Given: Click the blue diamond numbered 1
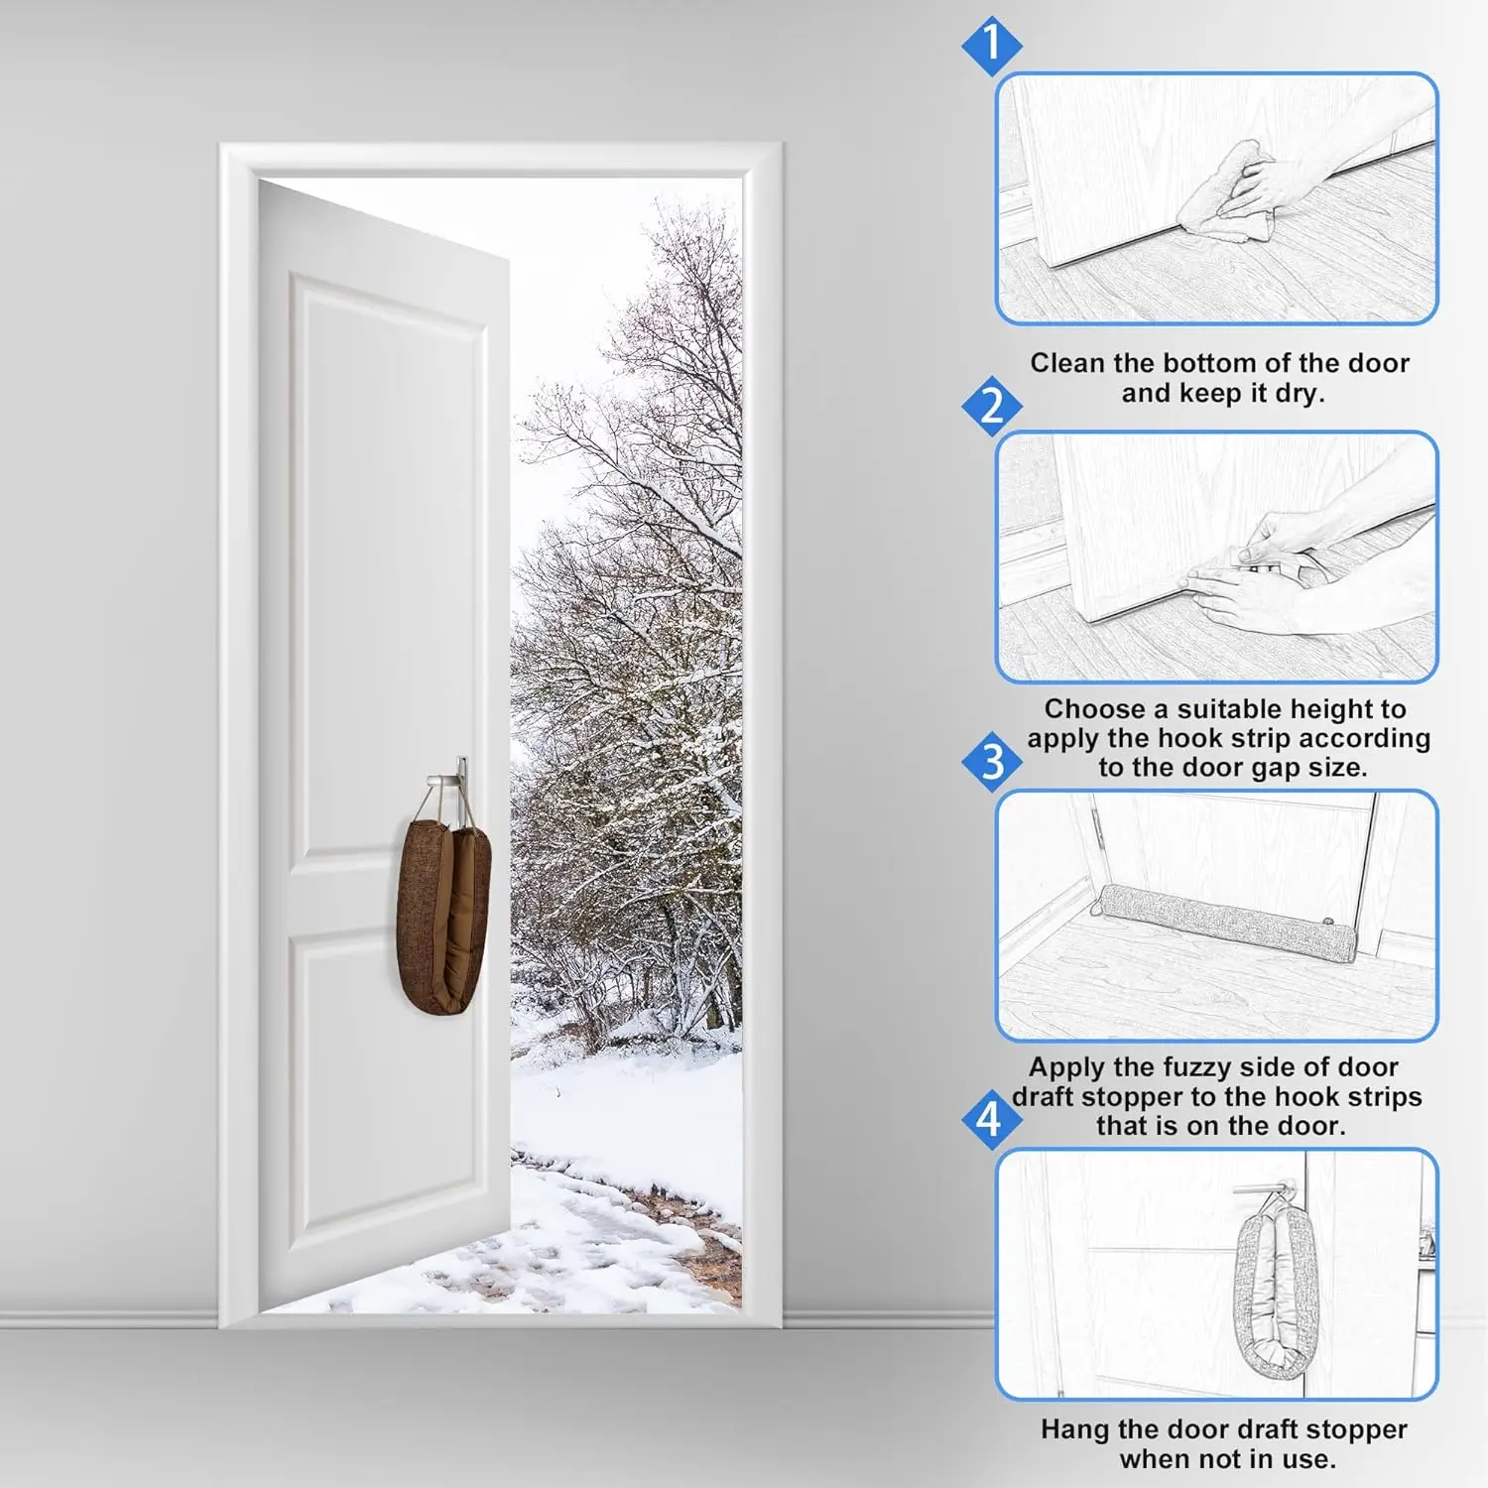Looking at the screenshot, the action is click(x=991, y=46).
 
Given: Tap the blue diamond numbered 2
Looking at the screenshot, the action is click(x=991, y=406).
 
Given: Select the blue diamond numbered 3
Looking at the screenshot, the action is click(x=991, y=762).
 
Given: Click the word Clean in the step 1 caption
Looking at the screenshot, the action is click(x=1067, y=363).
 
